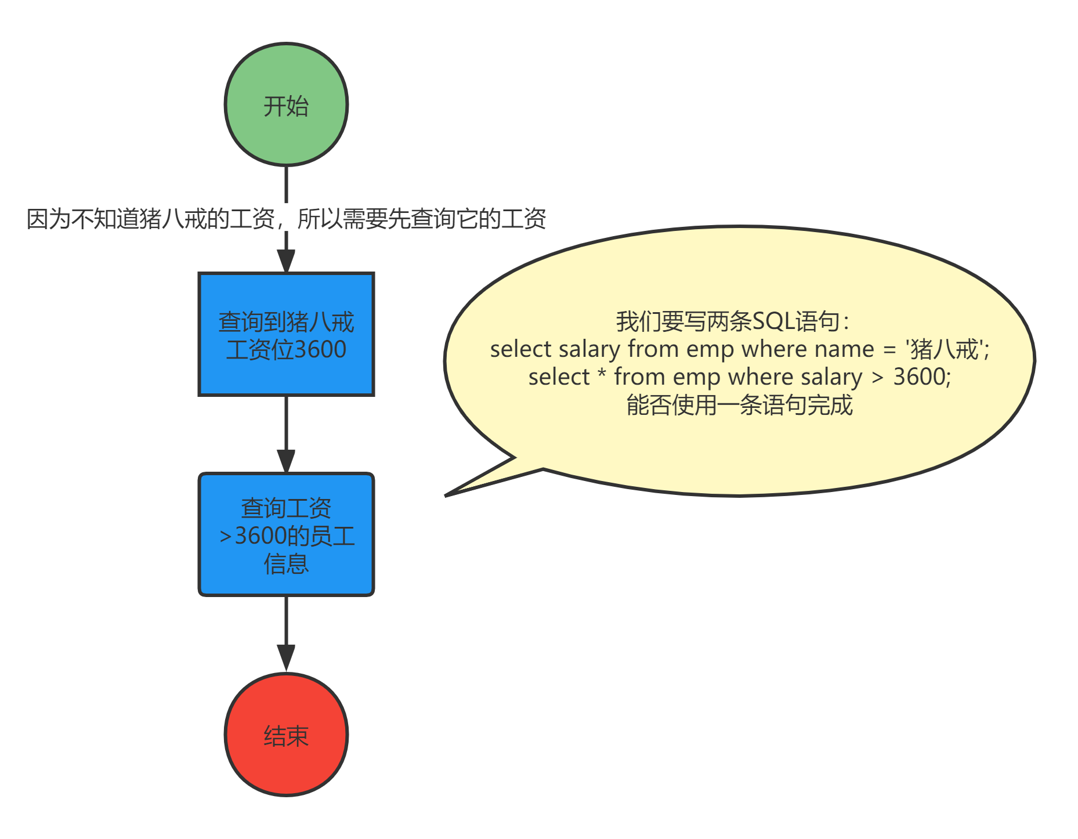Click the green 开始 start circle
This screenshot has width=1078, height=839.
pyautogui.click(x=286, y=104)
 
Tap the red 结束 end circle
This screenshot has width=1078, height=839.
pyautogui.click(x=286, y=735)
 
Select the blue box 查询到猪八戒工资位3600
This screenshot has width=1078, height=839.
pyautogui.click(x=286, y=335)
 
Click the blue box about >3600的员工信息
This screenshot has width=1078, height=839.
pyautogui.click(x=286, y=534)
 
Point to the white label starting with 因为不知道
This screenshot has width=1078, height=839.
pyautogui.click(x=286, y=218)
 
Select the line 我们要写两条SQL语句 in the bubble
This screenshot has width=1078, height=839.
pyautogui.click(x=732, y=321)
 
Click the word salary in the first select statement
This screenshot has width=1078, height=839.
pyautogui.click(x=589, y=349)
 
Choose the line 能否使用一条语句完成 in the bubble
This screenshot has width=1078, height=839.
pyautogui.click(x=739, y=405)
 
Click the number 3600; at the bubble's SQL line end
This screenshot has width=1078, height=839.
pyautogui.click(x=921, y=377)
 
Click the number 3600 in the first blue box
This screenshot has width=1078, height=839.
pyautogui.click(x=320, y=349)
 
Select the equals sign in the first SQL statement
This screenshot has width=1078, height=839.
pyautogui.click(x=889, y=350)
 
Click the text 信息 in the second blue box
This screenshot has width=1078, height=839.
pyautogui.click(x=286, y=563)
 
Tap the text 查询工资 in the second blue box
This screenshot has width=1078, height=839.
pyautogui.click(x=286, y=508)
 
